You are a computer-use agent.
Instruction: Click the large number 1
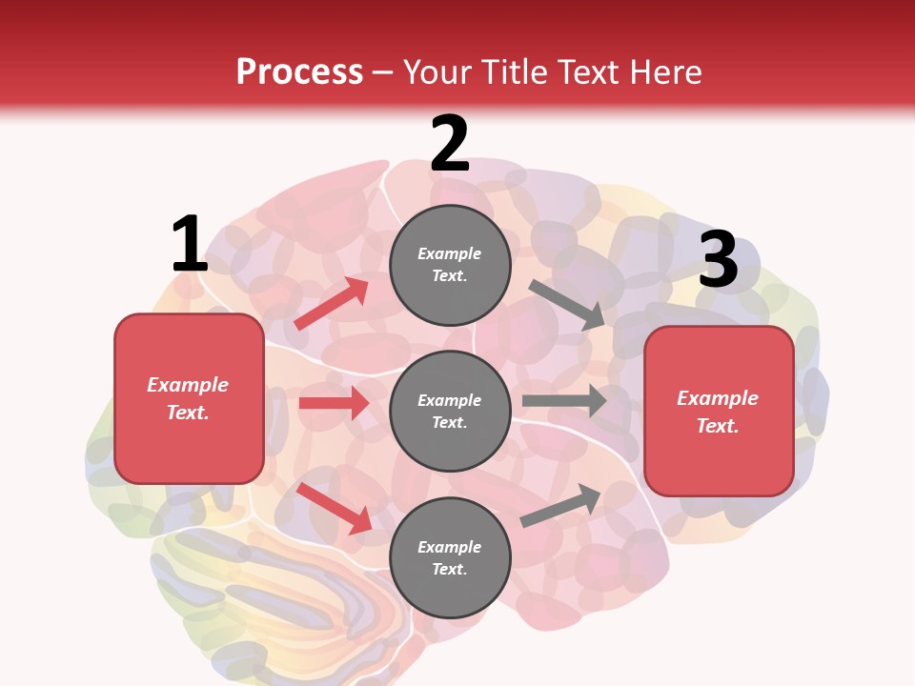click(x=189, y=244)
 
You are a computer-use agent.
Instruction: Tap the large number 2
click(x=450, y=144)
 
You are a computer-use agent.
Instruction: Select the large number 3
click(x=718, y=259)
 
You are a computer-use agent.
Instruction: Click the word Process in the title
click(x=299, y=71)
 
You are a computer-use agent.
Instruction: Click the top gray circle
click(x=450, y=265)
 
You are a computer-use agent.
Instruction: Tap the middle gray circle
click(x=450, y=411)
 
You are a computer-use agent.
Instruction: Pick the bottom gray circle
click(x=450, y=557)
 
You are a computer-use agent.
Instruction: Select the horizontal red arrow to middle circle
click(x=334, y=403)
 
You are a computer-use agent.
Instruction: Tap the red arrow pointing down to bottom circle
click(x=334, y=508)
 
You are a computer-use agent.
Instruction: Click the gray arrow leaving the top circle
click(x=567, y=304)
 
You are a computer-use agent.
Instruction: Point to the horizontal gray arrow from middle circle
click(x=563, y=401)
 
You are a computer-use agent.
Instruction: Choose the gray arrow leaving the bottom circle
click(x=560, y=506)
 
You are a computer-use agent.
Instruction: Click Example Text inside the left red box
click(x=188, y=398)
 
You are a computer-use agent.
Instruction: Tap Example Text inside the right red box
click(x=718, y=412)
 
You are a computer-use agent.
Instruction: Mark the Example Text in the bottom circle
click(x=450, y=557)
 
